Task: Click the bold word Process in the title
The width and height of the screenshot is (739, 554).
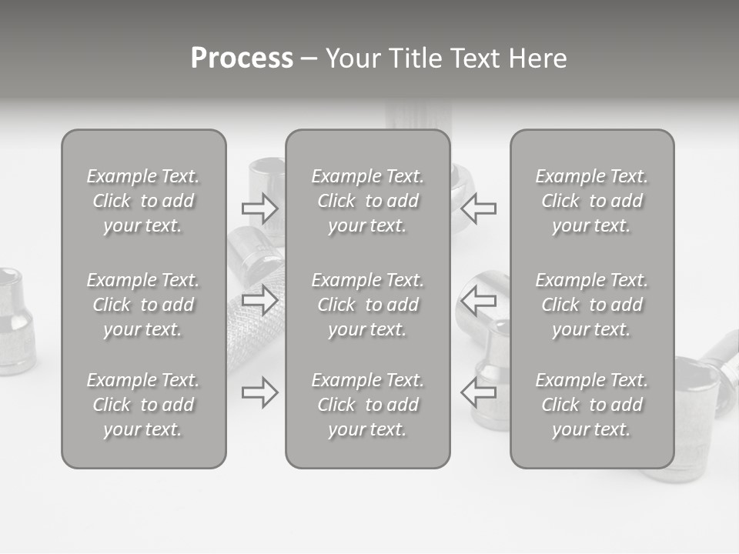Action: pos(242,58)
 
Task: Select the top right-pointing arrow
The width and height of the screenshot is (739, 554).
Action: pos(260,208)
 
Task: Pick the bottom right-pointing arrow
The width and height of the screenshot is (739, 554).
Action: pos(260,392)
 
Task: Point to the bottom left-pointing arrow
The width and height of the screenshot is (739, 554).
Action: pos(479,392)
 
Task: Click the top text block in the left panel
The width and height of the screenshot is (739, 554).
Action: pos(143,201)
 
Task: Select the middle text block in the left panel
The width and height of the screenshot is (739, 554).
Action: pos(143,305)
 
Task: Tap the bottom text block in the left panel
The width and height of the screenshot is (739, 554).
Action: pos(143,405)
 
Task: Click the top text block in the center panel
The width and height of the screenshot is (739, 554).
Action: pos(367,201)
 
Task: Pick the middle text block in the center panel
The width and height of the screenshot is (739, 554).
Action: pos(367,305)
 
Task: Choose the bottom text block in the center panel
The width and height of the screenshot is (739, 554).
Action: pos(367,405)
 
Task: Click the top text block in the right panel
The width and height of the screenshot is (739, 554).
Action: pos(592,201)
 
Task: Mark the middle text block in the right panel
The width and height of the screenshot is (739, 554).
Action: pos(592,305)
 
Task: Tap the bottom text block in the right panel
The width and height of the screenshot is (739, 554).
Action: pos(592,405)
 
